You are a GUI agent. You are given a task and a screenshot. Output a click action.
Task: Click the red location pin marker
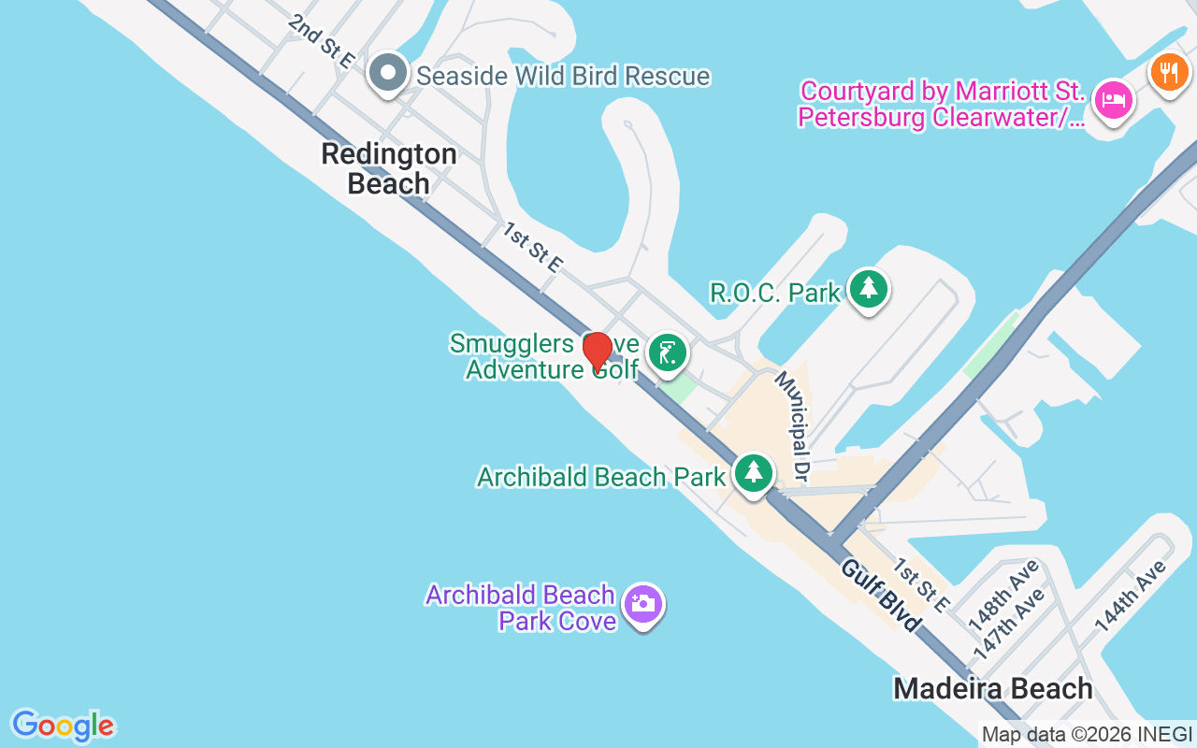point(597,351)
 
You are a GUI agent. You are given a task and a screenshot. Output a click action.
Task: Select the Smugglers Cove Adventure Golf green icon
point(667,353)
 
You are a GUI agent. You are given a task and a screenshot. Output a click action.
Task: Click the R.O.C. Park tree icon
point(869,289)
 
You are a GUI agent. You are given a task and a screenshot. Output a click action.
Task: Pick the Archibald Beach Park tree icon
point(753,473)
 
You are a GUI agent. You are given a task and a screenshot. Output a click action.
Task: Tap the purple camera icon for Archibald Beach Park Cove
point(642,603)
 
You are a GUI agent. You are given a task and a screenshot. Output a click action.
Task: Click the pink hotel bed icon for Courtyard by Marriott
point(1114,99)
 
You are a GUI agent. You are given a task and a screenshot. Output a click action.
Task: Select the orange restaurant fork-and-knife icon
point(1168,71)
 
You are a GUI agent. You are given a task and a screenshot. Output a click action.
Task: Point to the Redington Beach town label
point(389,168)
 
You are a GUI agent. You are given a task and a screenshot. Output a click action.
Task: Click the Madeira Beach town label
point(992,689)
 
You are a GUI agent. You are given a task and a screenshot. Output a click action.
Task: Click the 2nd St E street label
point(322,40)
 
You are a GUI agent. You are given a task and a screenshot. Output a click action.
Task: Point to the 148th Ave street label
point(1003,594)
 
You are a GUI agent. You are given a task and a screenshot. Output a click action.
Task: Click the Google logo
point(63,726)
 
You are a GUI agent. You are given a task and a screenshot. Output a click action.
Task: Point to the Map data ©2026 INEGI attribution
point(1087,735)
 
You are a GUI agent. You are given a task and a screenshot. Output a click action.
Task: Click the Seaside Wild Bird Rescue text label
point(563,76)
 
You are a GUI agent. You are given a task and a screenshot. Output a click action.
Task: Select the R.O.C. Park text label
point(775,293)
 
